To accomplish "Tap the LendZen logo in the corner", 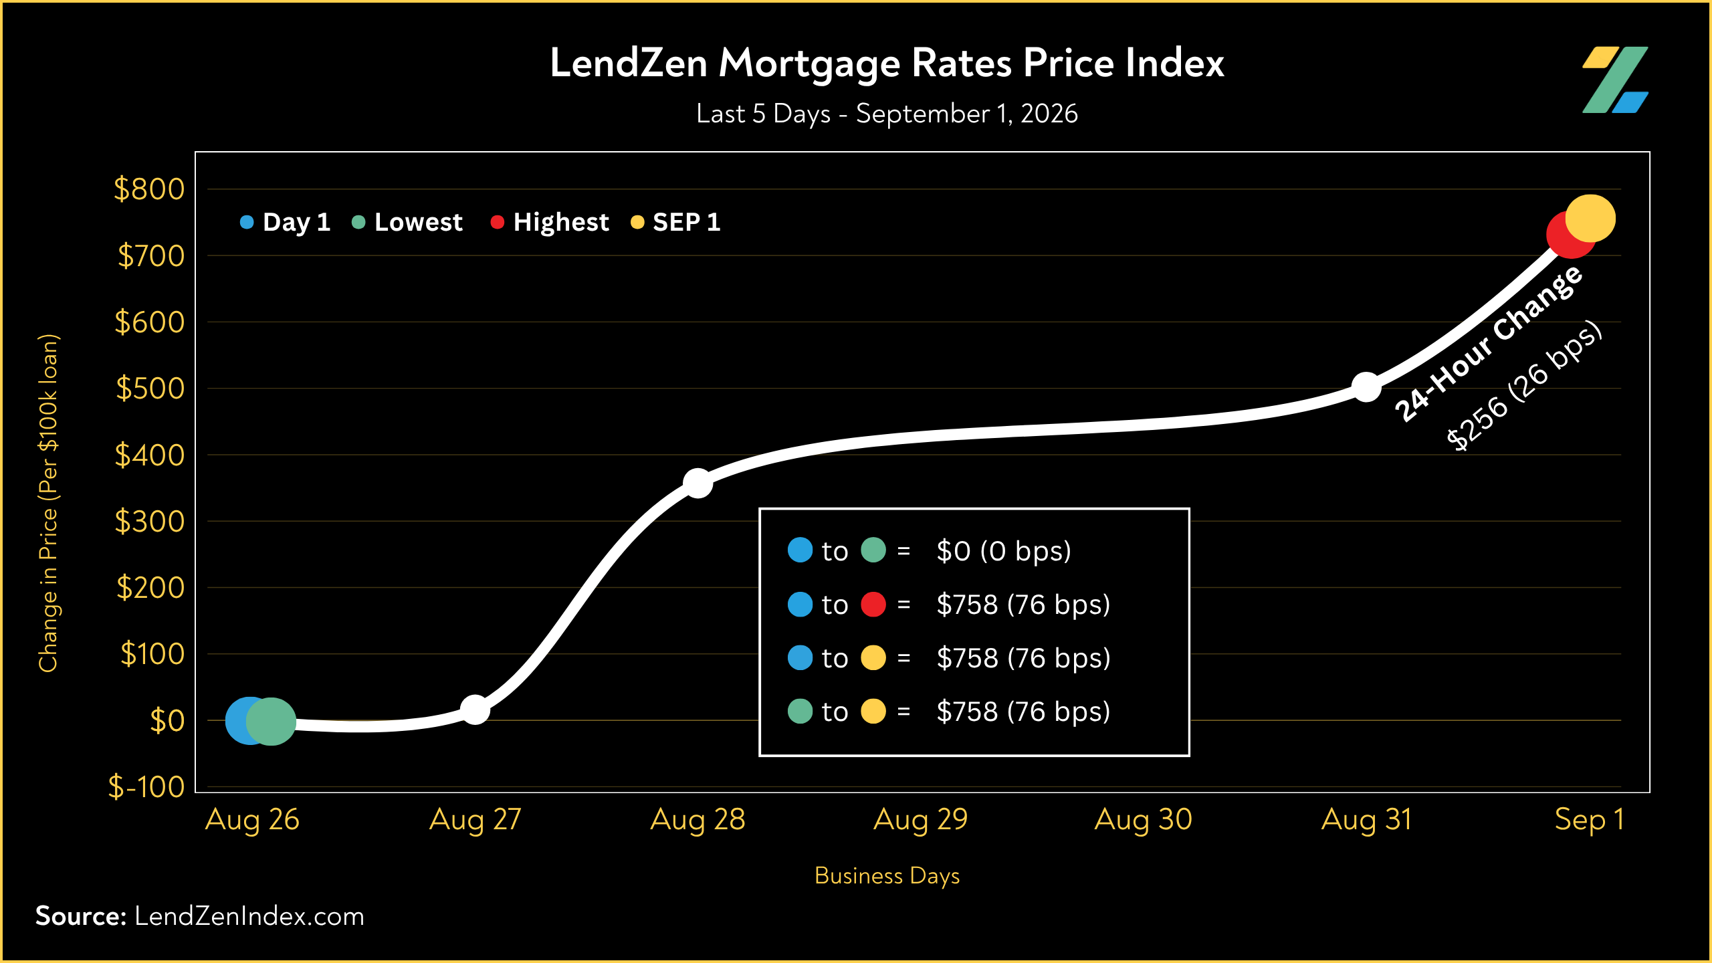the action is click(x=1615, y=80).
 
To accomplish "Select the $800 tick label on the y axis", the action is click(x=149, y=189).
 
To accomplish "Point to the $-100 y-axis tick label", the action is click(x=146, y=786).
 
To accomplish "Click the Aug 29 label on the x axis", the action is click(x=920, y=820).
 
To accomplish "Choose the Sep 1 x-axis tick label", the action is click(x=1589, y=820).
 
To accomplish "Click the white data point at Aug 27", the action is click(x=475, y=710).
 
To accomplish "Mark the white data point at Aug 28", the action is click(x=698, y=483).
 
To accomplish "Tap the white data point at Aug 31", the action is click(x=1366, y=387).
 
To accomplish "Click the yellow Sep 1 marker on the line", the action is click(x=1591, y=219).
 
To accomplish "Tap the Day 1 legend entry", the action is click(x=286, y=222).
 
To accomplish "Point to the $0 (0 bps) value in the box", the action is click(x=1004, y=551).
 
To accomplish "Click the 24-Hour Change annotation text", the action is click(x=1489, y=344).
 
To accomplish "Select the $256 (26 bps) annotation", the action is click(x=1524, y=386).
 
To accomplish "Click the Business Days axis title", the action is click(x=887, y=876).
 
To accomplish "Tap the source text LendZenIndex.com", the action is click(x=249, y=916).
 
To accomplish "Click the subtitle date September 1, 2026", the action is click(x=967, y=114).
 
